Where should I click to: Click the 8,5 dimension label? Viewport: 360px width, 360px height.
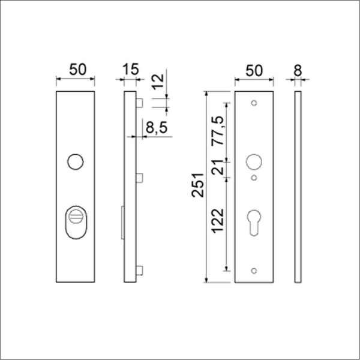pos(155,127)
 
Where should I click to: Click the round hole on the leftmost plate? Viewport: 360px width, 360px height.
pos(75,161)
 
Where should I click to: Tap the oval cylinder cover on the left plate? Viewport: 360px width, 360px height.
pos(75,223)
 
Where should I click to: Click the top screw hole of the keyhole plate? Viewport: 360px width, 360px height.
pos(254,103)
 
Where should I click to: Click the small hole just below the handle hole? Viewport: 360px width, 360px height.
pos(254,178)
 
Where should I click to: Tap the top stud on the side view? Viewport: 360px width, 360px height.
pos(140,103)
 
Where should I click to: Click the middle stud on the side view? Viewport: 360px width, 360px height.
pos(140,178)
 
